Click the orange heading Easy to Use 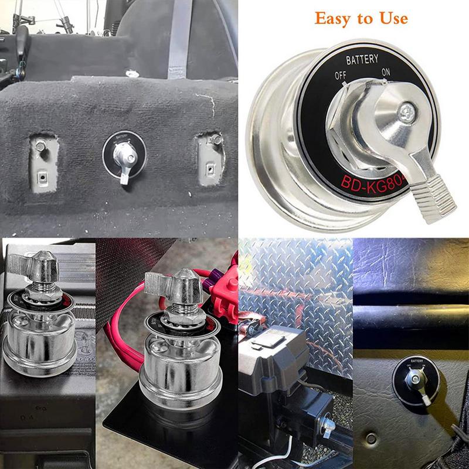pyautogui.click(x=361, y=18)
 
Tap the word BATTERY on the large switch pyautogui.click(x=362, y=60)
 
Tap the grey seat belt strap pyautogui.click(x=179, y=35)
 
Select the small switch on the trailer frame pyautogui.click(x=328, y=425)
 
